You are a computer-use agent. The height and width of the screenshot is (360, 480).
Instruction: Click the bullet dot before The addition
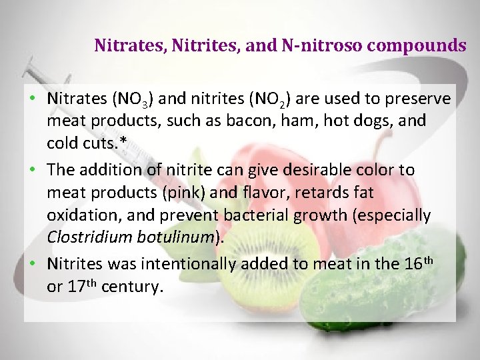tap(32, 170)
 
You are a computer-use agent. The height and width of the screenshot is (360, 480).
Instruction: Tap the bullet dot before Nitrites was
tap(32, 264)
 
